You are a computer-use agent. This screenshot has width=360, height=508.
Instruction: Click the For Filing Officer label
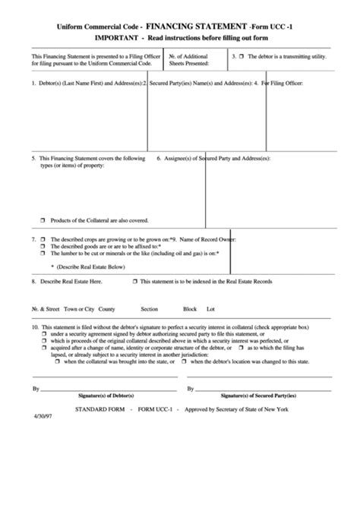289,83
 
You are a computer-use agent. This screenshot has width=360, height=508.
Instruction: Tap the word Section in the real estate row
149,309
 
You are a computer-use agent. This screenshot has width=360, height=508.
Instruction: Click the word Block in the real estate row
190,309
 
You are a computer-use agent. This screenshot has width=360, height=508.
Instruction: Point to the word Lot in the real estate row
211,309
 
